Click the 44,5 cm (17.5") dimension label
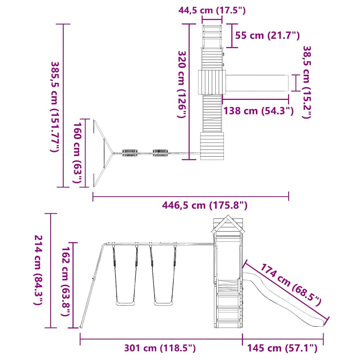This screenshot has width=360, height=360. [212, 10]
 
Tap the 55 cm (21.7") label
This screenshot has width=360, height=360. [268, 36]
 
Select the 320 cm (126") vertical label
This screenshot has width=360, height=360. [182, 84]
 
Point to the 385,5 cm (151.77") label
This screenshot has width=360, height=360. [55, 107]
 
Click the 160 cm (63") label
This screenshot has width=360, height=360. [77, 153]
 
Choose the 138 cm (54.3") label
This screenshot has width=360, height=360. [258, 111]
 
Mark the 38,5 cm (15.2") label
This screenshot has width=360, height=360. [307, 82]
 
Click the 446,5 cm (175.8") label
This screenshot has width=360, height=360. [205, 205]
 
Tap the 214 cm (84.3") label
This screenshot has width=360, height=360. [38, 270]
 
